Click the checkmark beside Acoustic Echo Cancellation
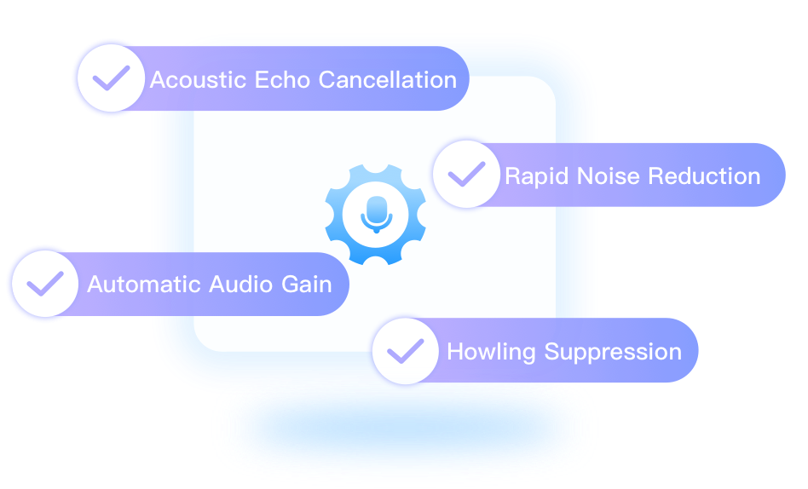pyautogui.click(x=111, y=79)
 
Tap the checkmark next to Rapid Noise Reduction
pyautogui.click(x=466, y=175)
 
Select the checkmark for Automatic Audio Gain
pyautogui.click(x=45, y=283)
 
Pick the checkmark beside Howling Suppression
pyautogui.click(x=406, y=350)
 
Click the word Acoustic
pyautogui.click(x=199, y=80)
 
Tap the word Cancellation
pyautogui.click(x=388, y=80)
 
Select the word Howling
pyautogui.click(x=492, y=351)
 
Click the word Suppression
pyautogui.click(x=613, y=351)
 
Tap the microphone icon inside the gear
pyautogui.click(x=376, y=214)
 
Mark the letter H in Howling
pyautogui.click(x=454, y=351)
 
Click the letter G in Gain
pyautogui.click(x=290, y=284)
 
